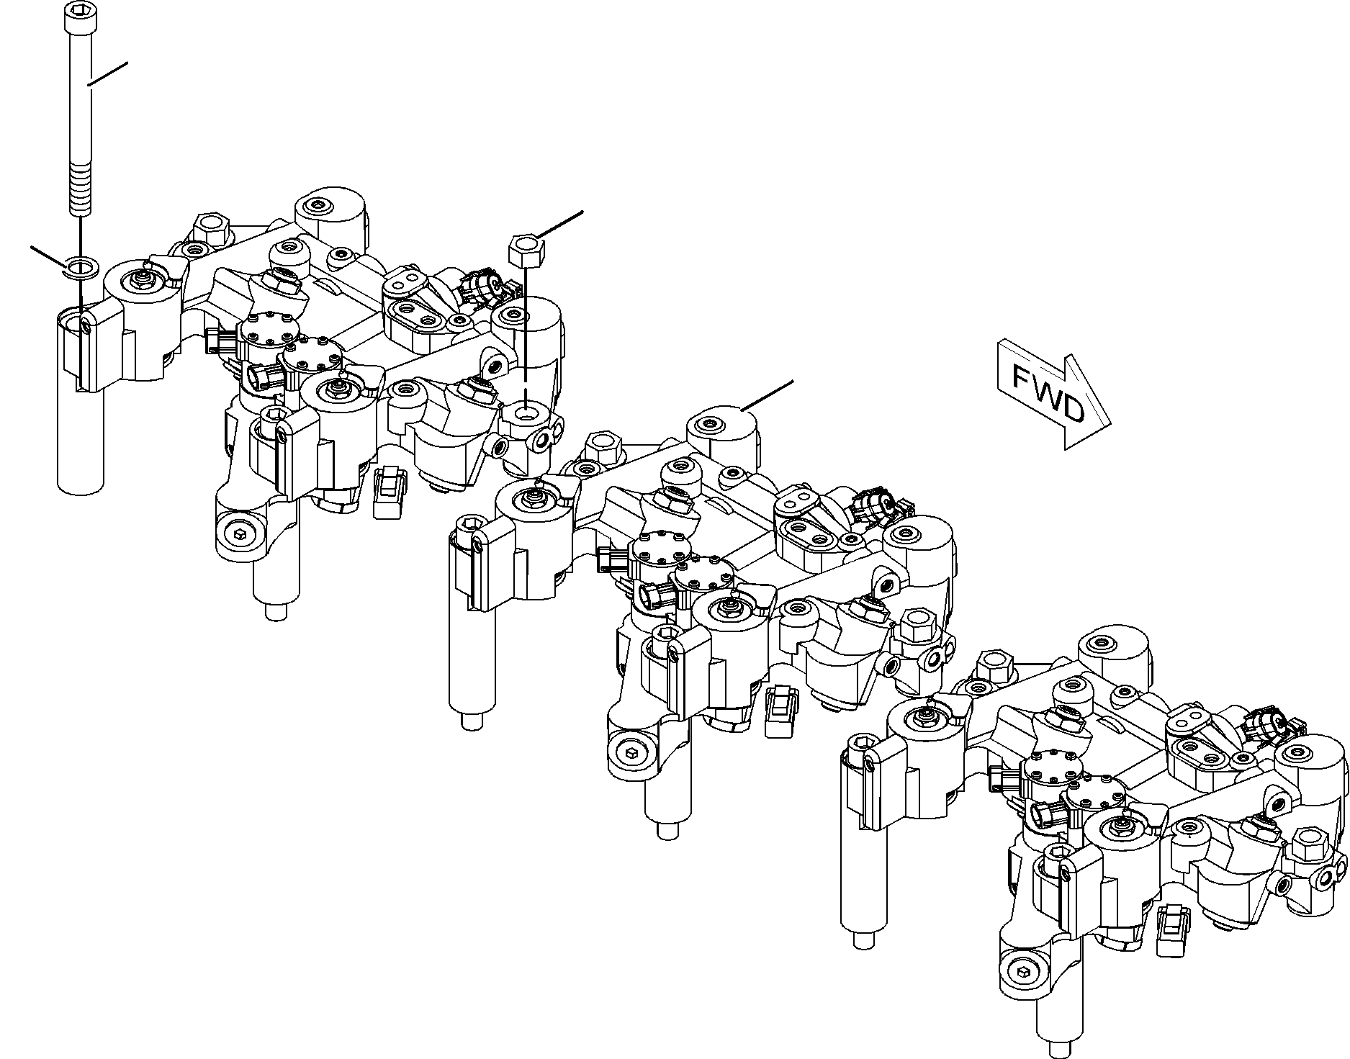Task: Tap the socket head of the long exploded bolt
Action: (x=77, y=17)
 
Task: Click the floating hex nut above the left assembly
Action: (x=527, y=248)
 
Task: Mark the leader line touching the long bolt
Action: (x=107, y=75)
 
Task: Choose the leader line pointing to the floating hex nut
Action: (x=559, y=224)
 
